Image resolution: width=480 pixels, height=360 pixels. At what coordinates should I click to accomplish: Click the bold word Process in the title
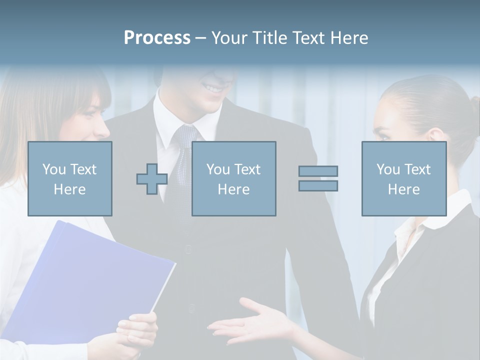coord(157,38)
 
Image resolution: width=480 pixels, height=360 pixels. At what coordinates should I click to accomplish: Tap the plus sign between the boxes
coord(152,179)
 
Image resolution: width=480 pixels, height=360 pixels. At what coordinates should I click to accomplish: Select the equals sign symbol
coord(318,178)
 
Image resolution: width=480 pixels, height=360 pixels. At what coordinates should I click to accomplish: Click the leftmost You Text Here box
coord(70,178)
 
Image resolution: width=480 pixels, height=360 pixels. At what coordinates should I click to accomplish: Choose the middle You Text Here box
coord(233,178)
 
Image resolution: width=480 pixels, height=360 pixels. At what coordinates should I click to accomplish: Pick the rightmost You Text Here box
coord(403,178)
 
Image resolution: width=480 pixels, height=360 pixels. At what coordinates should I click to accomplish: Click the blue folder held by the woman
coord(90,280)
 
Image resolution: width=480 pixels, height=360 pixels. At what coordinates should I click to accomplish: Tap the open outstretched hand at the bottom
coord(250,322)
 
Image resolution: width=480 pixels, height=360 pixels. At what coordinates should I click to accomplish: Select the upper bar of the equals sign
coord(318,171)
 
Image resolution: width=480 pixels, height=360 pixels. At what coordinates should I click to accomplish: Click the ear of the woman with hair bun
coord(434,135)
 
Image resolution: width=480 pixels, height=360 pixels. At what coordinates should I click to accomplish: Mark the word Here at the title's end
coord(348,38)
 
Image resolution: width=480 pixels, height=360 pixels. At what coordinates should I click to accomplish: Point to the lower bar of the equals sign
coord(318,186)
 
